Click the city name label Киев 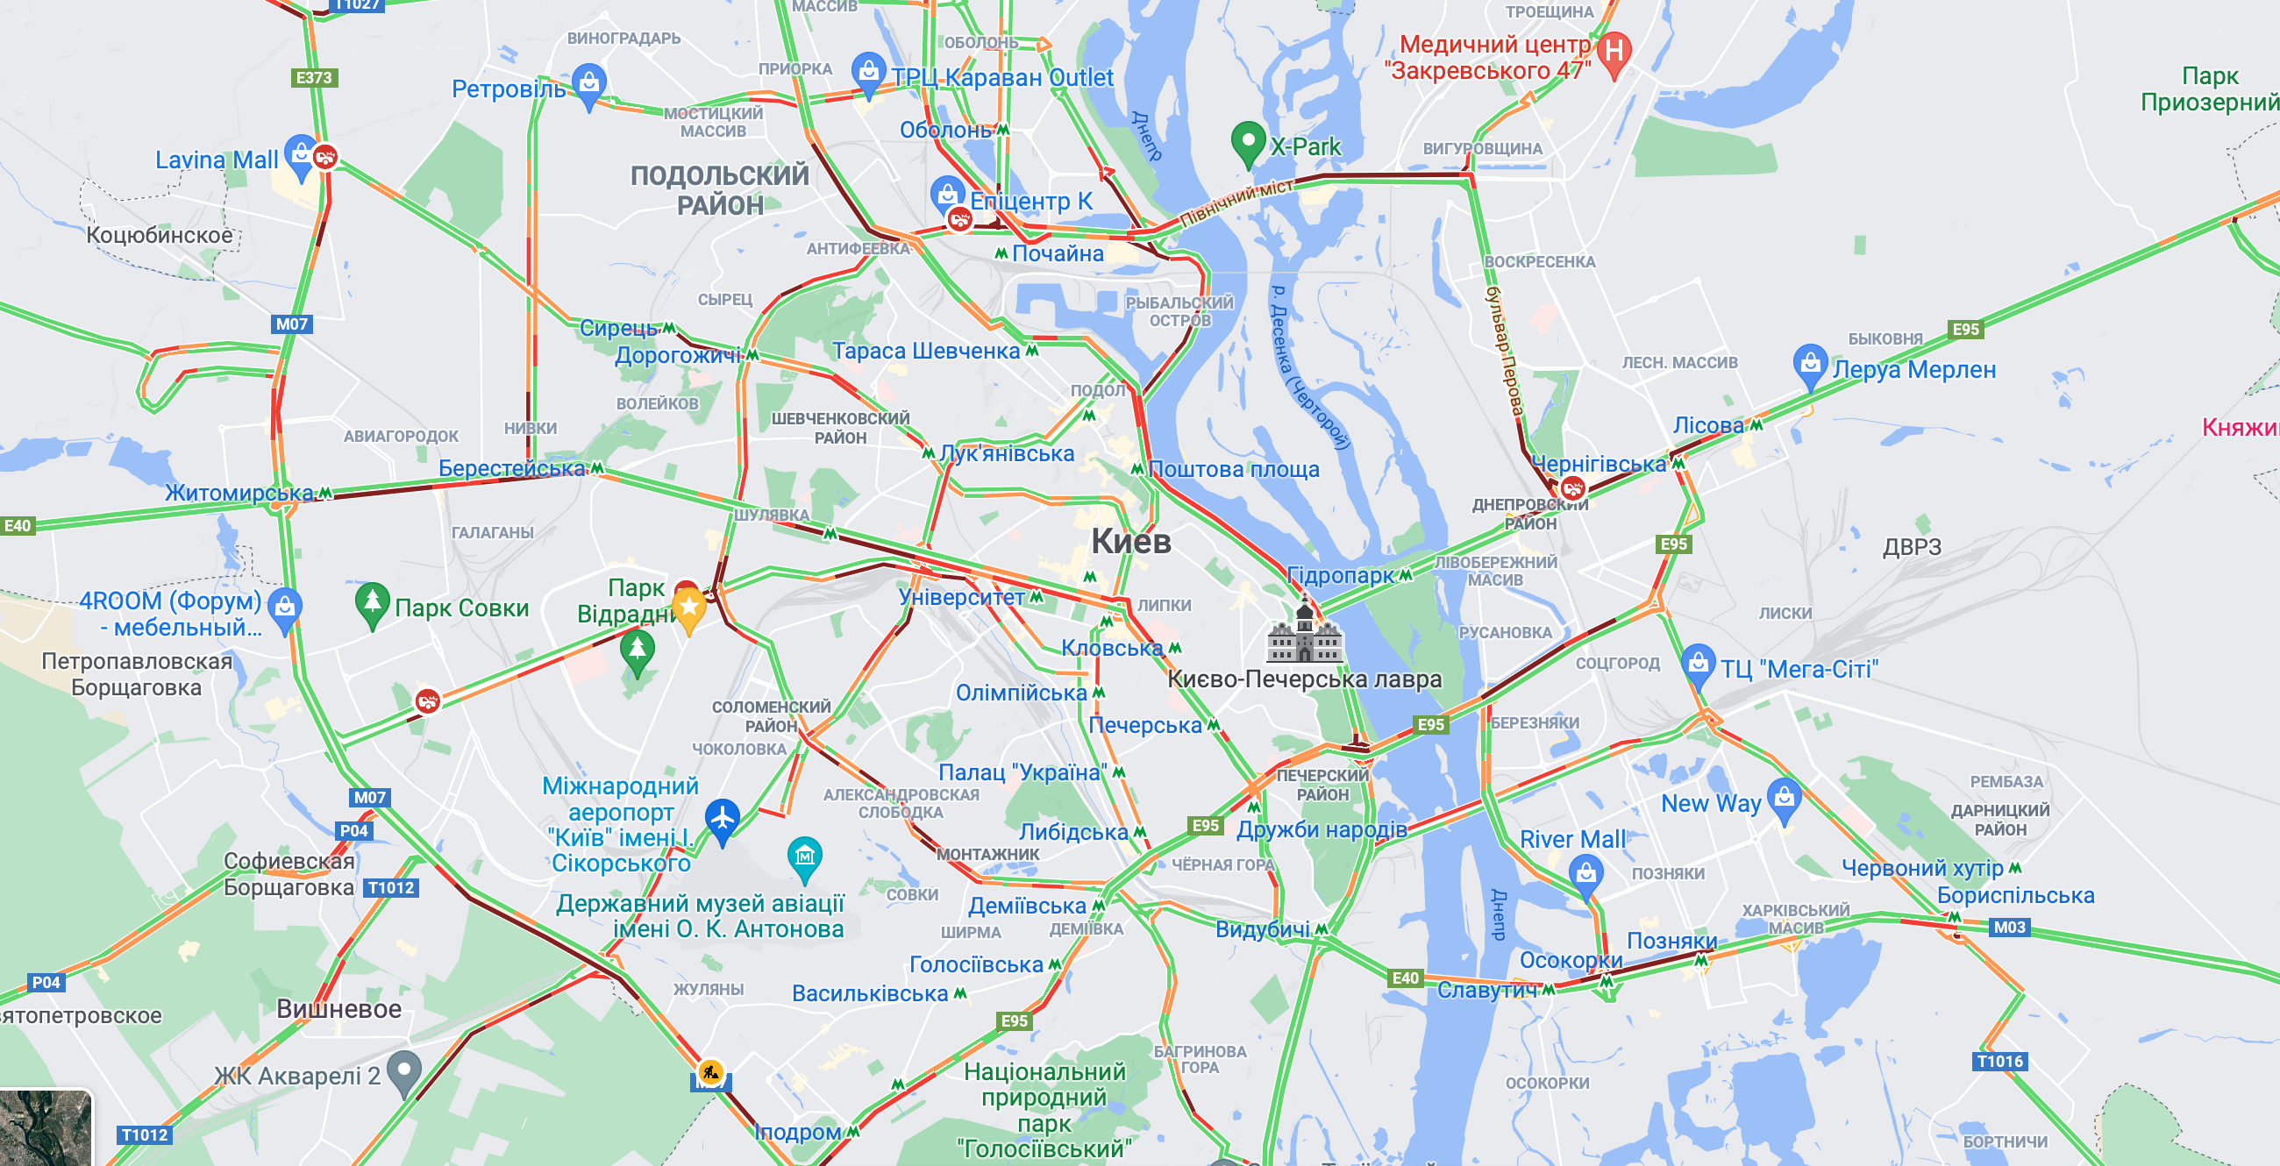tap(1130, 541)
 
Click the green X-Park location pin tap(1247, 141)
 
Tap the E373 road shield tap(314, 78)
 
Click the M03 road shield tap(2008, 928)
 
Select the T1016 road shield tap(1999, 1061)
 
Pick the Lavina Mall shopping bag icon tap(301, 155)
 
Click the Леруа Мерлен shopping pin tap(1809, 365)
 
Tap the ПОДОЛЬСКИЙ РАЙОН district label tap(720, 190)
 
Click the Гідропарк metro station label tap(1340, 575)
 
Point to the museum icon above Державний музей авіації tap(804, 857)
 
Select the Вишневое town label tap(338, 1008)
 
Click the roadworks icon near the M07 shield tap(709, 1072)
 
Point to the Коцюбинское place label tap(160, 234)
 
